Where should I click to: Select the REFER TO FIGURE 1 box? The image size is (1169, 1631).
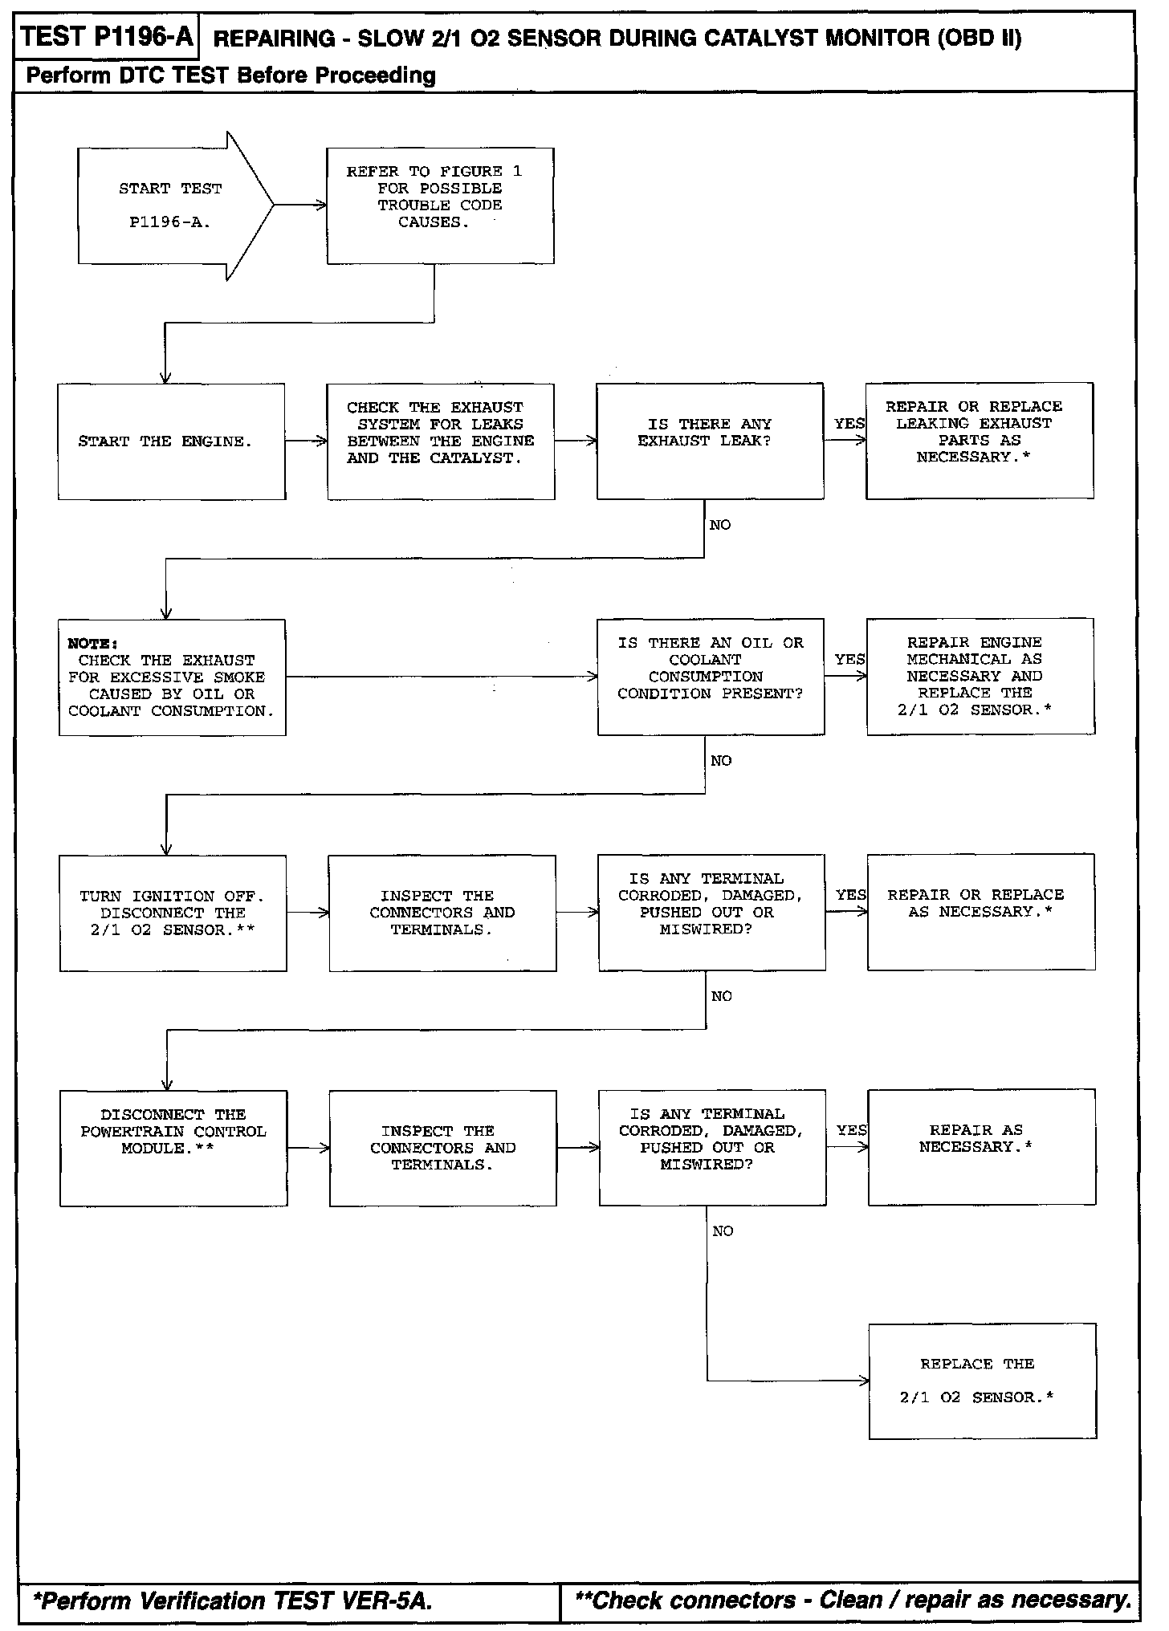pyautogui.click(x=440, y=205)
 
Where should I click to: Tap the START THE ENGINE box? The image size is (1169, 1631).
pyautogui.click(x=171, y=441)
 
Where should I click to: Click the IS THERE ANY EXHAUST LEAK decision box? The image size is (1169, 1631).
pyautogui.click(x=710, y=441)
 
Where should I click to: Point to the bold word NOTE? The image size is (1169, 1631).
pyautogui.click(x=92, y=644)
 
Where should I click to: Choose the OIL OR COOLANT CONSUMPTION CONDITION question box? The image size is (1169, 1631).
pyautogui.click(x=711, y=676)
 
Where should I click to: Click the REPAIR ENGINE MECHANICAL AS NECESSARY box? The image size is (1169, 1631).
pyautogui.click(x=980, y=676)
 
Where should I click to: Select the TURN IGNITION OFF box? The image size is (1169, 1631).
pyautogui.click(x=173, y=913)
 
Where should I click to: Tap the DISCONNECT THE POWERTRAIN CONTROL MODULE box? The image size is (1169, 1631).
pyautogui.click(x=173, y=1148)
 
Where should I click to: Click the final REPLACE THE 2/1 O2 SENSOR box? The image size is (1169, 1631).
pyautogui.click(x=982, y=1381)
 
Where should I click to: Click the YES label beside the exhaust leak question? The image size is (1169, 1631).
pyautogui.click(x=849, y=424)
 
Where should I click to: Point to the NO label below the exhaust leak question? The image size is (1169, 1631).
pyautogui.click(x=720, y=525)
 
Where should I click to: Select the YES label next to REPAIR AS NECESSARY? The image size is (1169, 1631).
pyautogui.click(x=852, y=1130)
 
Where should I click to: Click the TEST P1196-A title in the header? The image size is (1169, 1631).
pyautogui.click(x=106, y=37)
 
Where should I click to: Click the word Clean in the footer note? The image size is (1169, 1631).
pyautogui.click(x=850, y=1600)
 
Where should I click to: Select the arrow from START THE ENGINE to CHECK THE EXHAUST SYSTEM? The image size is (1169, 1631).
pyautogui.click(x=306, y=441)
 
